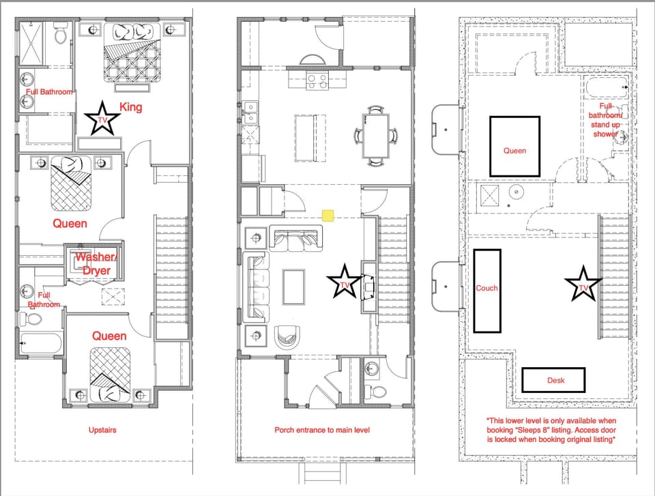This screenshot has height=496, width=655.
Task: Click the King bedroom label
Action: click(131, 107)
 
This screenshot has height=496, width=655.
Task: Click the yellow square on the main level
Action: click(327, 216)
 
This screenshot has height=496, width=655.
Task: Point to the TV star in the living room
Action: click(344, 282)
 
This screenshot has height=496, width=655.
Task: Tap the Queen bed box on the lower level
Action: click(514, 145)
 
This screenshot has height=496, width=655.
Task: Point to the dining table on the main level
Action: click(375, 136)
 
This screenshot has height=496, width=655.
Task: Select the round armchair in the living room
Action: click(286, 338)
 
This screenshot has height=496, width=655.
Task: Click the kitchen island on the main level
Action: click(310, 137)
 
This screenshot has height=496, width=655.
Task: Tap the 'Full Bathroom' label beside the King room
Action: click(49, 91)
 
